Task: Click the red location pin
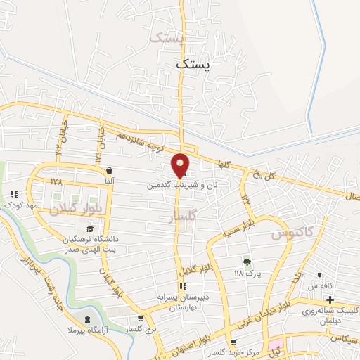click(x=181, y=165)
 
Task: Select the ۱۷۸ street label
click(x=56, y=181)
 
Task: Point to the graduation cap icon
click(x=89, y=229)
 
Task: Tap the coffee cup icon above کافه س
click(x=321, y=275)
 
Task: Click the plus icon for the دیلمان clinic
click(x=330, y=300)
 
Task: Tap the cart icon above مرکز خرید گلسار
click(x=233, y=342)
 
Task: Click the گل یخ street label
click(x=261, y=172)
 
